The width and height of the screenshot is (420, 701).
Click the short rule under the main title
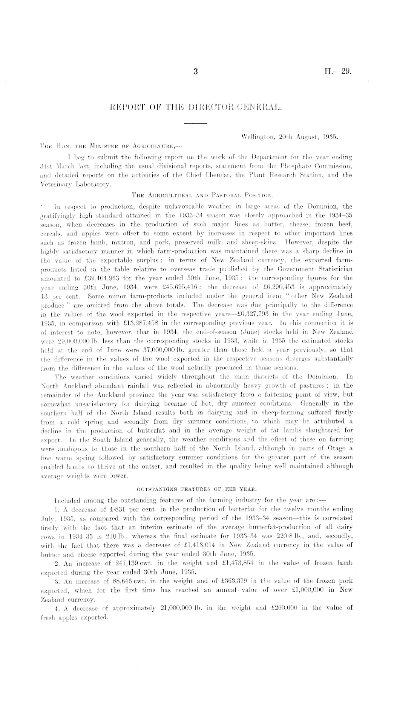pyautogui.click(x=196, y=123)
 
